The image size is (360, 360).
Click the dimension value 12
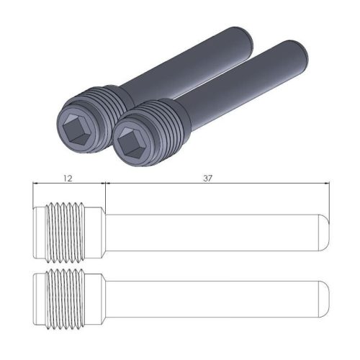[x=69, y=176]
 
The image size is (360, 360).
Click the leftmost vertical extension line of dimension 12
[x=33, y=194]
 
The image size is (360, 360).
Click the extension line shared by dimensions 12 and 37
[x=106, y=194]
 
